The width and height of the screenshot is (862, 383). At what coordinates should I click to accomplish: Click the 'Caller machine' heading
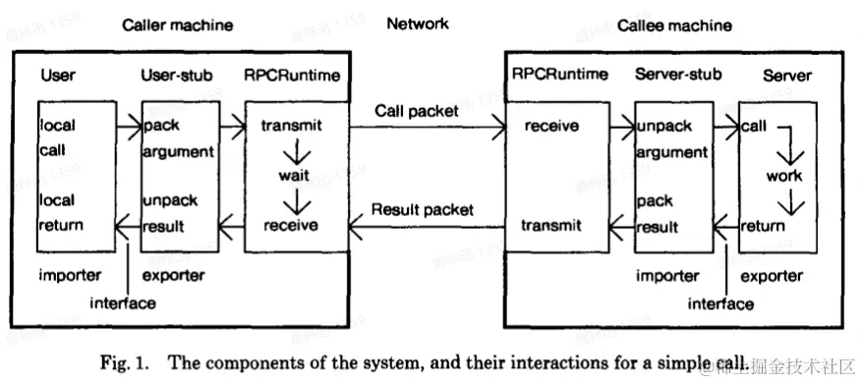point(177,25)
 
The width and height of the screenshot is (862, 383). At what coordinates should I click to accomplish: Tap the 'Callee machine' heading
point(674,25)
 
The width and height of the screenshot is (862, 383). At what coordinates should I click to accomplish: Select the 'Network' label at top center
point(416,25)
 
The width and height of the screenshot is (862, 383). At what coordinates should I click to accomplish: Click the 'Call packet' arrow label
point(416,111)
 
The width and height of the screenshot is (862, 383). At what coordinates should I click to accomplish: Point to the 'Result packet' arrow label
point(422,209)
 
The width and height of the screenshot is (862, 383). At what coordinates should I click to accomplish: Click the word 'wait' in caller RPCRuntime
point(294,176)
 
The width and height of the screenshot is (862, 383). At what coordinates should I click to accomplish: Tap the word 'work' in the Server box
point(784,176)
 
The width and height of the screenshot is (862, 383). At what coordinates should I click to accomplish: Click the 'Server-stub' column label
point(678,75)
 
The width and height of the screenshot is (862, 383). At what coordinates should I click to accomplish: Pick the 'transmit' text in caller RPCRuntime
point(291,127)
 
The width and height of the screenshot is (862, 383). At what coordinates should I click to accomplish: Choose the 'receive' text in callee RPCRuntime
point(551,127)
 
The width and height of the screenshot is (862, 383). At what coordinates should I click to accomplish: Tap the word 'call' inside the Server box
point(755,127)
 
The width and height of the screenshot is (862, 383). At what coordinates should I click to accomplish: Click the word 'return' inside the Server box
point(762,225)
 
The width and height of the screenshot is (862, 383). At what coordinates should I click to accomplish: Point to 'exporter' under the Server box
point(771,276)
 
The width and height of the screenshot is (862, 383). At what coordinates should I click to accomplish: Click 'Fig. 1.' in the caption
point(122,358)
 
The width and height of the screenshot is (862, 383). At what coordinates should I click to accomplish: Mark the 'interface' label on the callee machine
point(719,303)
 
